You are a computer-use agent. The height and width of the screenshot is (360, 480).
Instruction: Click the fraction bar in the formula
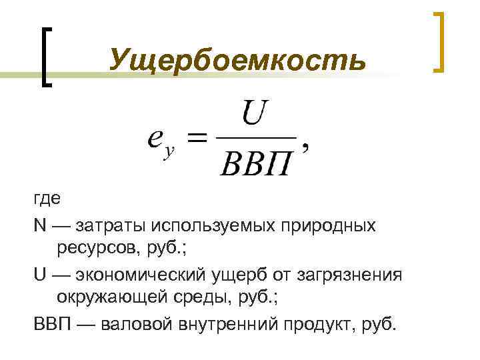pos(257,138)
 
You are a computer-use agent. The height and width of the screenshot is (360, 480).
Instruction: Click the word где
pos(47,199)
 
